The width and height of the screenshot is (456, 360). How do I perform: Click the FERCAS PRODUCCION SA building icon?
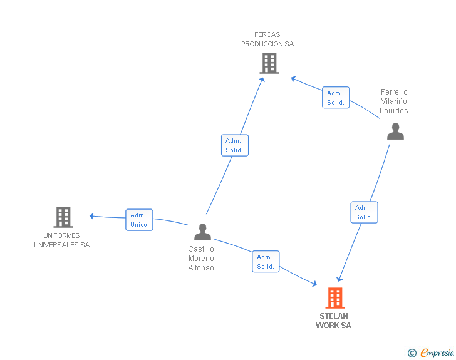[x=269, y=63]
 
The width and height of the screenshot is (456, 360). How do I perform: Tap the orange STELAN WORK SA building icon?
[x=335, y=298]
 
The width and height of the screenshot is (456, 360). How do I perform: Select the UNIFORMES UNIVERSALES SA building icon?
[x=63, y=217]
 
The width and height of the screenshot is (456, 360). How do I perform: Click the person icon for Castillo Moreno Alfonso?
[x=203, y=232]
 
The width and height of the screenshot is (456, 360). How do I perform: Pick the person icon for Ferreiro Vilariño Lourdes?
[x=395, y=131]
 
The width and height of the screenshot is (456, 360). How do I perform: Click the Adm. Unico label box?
[x=139, y=220]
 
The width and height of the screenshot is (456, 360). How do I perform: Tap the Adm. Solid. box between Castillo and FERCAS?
[x=235, y=145]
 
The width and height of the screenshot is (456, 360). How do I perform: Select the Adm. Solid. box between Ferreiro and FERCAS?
[x=336, y=98]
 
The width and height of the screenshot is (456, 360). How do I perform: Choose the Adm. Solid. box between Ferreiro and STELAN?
[x=364, y=212]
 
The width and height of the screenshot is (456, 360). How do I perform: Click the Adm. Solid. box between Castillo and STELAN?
[x=266, y=262]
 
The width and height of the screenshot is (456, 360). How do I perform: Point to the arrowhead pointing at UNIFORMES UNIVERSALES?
[x=91, y=216]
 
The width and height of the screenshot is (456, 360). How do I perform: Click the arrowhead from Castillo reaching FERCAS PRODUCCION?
[x=262, y=80]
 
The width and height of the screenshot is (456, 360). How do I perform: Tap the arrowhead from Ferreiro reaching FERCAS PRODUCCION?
[x=294, y=79]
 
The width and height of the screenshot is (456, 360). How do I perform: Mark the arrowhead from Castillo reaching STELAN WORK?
[x=314, y=284]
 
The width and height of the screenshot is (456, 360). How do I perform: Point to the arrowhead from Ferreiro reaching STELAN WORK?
[x=339, y=279]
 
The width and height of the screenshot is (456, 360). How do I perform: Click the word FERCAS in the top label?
[x=267, y=34]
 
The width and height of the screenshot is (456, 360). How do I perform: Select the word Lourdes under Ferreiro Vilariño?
[x=394, y=111]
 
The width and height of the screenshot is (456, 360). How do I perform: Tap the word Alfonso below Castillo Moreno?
[x=201, y=268]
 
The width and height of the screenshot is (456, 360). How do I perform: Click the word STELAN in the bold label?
[x=334, y=316]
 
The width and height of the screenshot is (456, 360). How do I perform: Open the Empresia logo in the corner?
[x=431, y=353]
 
